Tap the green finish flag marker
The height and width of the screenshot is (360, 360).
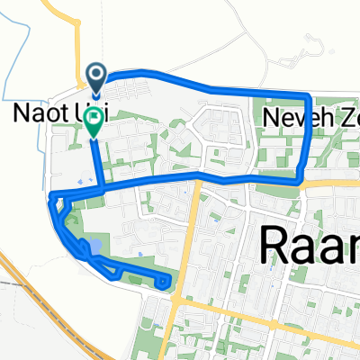(94, 128)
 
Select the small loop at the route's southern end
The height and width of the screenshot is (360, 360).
(164, 282)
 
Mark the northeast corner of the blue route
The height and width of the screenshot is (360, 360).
(310, 95)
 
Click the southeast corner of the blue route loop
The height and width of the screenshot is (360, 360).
(297, 179)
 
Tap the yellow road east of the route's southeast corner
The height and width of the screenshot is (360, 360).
(333, 182)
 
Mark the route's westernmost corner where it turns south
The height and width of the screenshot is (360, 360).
(50, 196)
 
